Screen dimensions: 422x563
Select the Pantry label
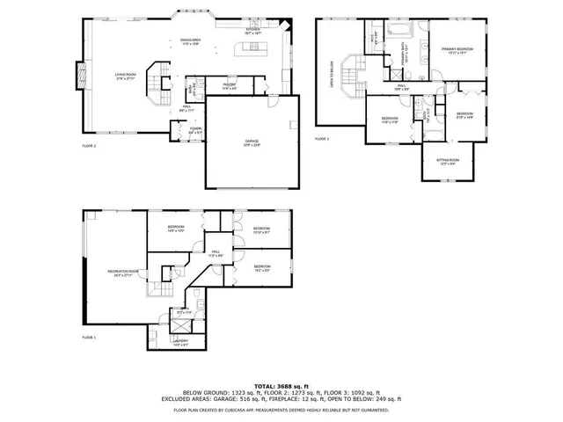pos(228,87)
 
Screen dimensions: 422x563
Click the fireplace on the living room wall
pos(81,77)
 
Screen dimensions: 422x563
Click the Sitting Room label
pos(448,161)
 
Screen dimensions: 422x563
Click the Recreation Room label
pos(123,273)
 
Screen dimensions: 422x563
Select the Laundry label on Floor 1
pos(180,341)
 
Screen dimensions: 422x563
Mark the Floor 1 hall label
pos(215,253)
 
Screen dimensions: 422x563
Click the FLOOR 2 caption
pos(89,146)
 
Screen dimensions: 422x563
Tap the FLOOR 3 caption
pos(322,139)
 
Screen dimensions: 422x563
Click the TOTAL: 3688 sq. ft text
pos(281,384)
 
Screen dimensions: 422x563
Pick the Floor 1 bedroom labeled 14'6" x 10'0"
pos(176,229)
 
